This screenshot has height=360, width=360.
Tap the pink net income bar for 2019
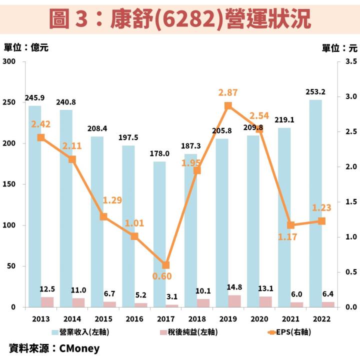click(x=234, y=301)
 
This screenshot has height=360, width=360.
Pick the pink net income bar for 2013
click(x=47, y=302)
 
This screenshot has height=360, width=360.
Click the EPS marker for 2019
click(x=228, y=105)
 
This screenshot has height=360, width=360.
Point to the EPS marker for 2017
click(x=166, y=265)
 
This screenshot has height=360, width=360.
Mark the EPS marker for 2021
click(x=290, y=225)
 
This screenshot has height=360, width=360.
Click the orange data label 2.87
click(x=228, y=92)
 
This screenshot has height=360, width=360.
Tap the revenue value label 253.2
click(x=315, y=92)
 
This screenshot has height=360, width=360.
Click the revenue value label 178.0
click(x=159, y=153)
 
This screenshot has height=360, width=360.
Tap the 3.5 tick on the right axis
click(x=350, y=61)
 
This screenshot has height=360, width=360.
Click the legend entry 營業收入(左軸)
click(x=84, y=331)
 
